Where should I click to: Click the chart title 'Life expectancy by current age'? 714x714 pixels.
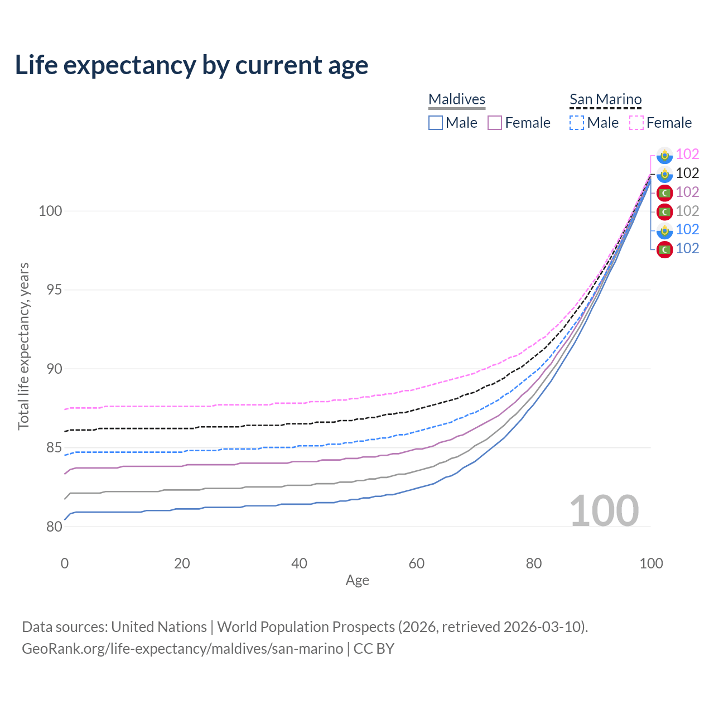[191, 65]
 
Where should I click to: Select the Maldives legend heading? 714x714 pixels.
[457, 99]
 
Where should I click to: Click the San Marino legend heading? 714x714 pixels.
[605, 99]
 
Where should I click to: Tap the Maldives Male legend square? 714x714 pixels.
[436, 123]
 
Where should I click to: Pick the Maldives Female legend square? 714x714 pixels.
[495, 123]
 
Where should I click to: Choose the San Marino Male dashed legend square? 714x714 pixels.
[577, 123]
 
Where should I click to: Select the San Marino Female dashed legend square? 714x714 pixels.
[636, 123]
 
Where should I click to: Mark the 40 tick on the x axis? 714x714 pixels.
[300, 563]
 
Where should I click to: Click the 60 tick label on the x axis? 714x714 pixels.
[417, 563]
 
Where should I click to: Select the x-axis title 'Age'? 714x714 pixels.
[358, 581]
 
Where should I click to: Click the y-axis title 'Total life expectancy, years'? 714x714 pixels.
[23, 346]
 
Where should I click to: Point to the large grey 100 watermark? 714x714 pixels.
[604, 511]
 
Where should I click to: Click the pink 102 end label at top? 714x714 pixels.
[687, 155]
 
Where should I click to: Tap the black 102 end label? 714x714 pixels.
[687, 173]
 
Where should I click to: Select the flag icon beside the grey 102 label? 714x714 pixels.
[664, 211]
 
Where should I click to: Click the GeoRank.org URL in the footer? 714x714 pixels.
[182, 649]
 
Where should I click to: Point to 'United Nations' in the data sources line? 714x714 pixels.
[159, 627]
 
